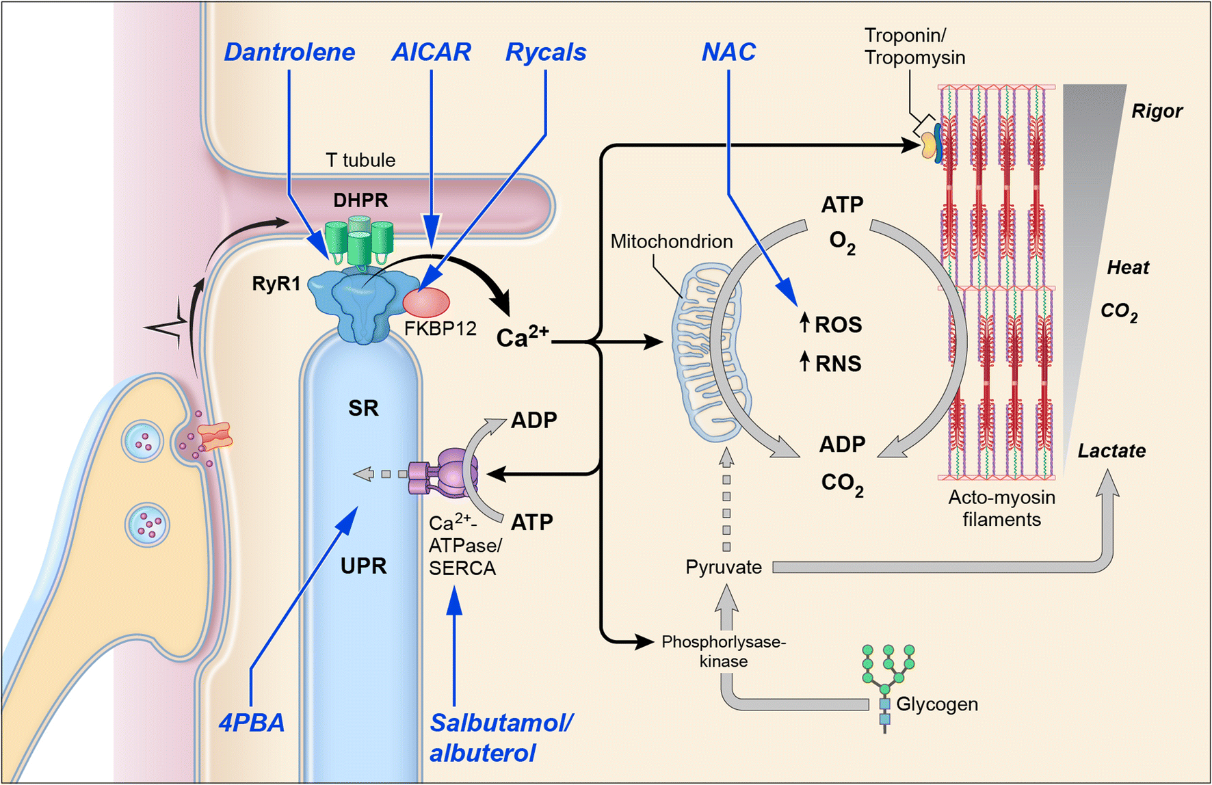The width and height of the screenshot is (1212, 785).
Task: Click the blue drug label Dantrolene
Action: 289,53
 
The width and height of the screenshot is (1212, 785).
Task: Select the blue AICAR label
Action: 431,53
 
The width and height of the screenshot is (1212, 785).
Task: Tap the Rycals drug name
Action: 546,53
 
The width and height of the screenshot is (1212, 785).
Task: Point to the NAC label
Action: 728,53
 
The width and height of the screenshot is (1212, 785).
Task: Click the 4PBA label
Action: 251,723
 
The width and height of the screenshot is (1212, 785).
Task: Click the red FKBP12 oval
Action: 426,302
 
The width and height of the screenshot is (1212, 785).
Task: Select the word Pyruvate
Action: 723,568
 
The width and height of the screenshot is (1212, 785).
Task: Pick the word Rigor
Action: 1156,111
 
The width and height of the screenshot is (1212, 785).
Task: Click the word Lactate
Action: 1111,451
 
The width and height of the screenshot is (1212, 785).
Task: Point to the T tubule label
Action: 360,161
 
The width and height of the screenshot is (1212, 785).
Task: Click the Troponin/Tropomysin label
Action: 914,46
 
